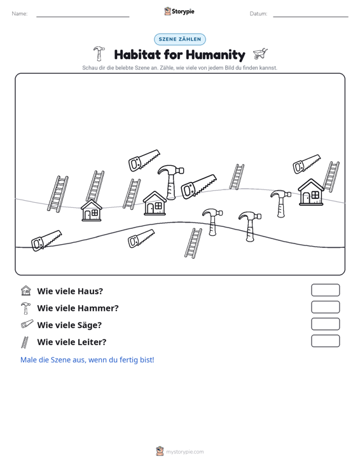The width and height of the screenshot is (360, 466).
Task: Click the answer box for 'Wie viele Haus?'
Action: coord(325,290)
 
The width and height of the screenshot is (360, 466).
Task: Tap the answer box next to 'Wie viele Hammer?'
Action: coord(325,307)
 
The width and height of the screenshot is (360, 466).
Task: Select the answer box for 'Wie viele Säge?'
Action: coord(325,324)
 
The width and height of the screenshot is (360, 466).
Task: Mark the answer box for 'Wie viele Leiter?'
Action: coord(325,341)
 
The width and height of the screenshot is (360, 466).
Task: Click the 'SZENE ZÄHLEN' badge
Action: coord(180,39)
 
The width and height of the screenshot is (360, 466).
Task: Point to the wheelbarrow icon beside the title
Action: coord(260,54)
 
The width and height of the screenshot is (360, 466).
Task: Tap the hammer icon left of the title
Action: coord(99,53)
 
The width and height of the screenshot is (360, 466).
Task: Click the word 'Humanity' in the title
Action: coord(216,55)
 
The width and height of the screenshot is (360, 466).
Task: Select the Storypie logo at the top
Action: coord(179,11)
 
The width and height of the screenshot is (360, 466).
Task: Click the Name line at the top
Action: coord(83,17)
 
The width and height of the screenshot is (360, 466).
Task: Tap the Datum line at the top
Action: coord(310,17)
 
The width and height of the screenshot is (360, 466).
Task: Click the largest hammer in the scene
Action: coord(171,182)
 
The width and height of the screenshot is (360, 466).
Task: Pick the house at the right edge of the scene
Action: coord(311,192)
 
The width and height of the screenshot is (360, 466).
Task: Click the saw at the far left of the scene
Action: coord(46,240)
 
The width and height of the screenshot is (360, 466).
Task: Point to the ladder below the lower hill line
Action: coord(193,243)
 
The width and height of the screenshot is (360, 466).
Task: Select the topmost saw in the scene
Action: coord(144,160)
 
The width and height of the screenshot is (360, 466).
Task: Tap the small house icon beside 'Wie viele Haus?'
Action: coord(26,291)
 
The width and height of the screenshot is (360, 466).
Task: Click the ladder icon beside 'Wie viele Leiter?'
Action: coord(25,342)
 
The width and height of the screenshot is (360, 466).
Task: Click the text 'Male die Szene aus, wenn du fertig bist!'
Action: coord(87,360)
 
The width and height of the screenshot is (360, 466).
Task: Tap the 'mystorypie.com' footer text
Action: coord(185,452)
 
